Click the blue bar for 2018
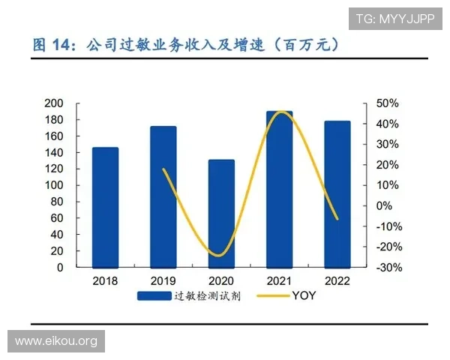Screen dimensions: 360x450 point(105,207)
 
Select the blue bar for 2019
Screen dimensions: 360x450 point(163,196)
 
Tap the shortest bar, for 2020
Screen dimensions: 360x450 point(220,213)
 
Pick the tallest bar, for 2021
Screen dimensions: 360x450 point(279,189)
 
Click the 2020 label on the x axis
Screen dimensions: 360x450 point(220,280)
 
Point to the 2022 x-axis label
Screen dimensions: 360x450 point(337,280)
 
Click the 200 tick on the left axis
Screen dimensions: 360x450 point(74,103)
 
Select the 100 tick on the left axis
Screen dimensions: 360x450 point(74,185)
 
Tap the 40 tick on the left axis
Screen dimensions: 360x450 point(77,235)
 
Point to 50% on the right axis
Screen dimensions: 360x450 point(387,103)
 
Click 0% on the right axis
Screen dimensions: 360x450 point(383,205)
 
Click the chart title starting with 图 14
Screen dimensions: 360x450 point(187,44)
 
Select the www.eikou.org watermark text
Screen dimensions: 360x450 point(56,341)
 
